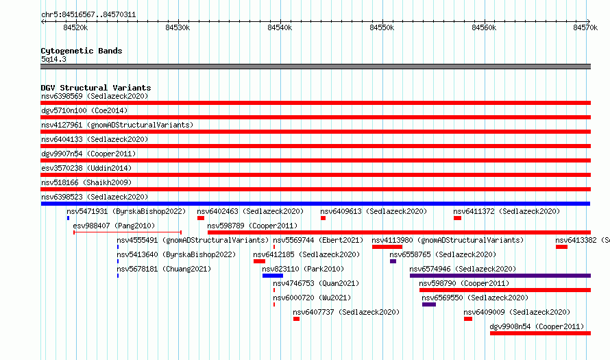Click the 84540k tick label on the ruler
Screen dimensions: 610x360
(x=280, y=27)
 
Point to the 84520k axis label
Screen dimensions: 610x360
(x=75, y=27)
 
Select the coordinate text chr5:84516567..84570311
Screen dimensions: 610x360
(x=88, y=15)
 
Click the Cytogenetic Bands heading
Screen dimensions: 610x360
(x=82, y=51)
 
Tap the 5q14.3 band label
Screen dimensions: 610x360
(x=53, y=59)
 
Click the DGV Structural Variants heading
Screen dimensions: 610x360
(x=96, y=88)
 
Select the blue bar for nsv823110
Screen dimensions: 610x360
(x=273, y=276)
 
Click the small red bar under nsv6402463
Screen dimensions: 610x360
(x=201, y=218)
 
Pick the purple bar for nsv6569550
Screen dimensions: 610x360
(x=429, y=304)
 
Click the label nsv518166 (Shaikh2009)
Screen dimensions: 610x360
(x=86, y=182)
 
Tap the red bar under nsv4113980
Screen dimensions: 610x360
(x=387, y=247)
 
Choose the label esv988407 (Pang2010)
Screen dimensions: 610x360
(x=114, y=226)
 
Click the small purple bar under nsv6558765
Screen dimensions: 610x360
(x=393, y=261)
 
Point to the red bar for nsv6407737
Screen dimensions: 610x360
(x=297, y=319)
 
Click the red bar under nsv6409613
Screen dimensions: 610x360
(x=324, y=218)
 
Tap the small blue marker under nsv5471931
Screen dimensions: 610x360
(x=68, y=218)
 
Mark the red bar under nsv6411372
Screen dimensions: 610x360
(x=458, y=218)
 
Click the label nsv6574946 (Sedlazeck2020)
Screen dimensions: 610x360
(x=463, y=269)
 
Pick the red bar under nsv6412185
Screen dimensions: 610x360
(x=260, y=261)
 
